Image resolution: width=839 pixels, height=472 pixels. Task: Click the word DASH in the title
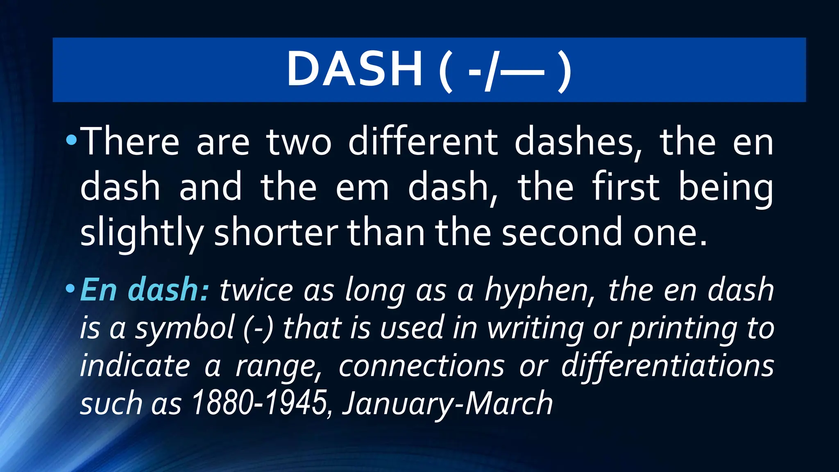pyautogui.click(x=354, y=69)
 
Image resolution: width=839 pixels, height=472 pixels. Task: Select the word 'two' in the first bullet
pyautogui.click(x=299, y=142)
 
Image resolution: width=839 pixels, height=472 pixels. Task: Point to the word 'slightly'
pyautogui.click(x=141, y=233)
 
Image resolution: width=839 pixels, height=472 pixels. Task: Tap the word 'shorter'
pyautogui.click(x=276, y=232)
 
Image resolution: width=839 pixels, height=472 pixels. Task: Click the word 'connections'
pyautogui.click(x=421, y=366)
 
